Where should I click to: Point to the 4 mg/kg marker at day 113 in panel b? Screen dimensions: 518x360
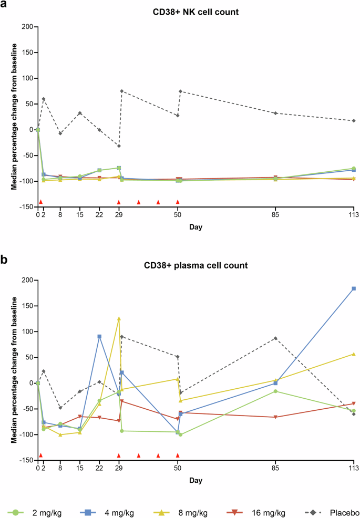[354, 288]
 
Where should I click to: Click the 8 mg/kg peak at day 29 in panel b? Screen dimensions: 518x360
[119, 318]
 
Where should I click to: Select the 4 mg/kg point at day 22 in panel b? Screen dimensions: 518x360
[99, 336]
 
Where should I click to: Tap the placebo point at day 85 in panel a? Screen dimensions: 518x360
[275, 113]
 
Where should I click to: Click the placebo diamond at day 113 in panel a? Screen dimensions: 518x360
[354, 121]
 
